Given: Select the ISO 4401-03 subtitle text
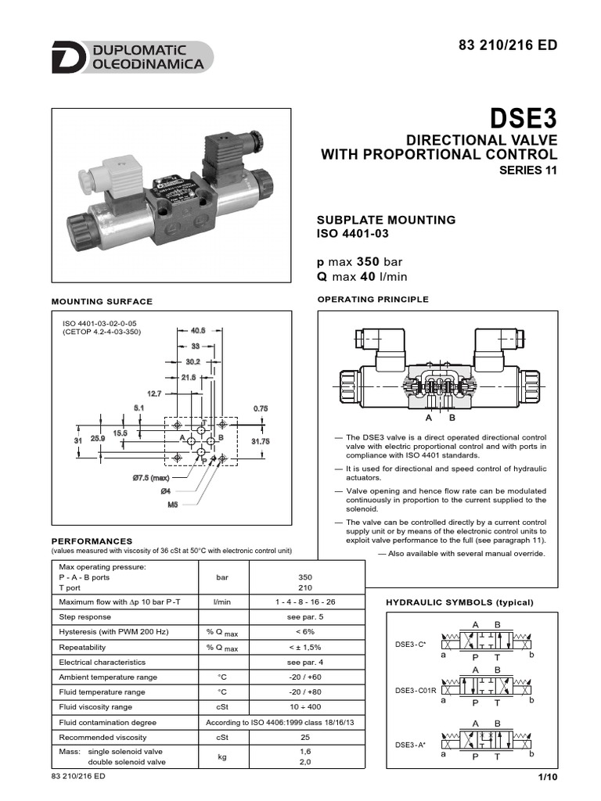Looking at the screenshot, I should click(351, 233).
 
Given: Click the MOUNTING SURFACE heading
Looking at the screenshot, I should click(102, 301).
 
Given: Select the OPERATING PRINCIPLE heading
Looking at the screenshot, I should click(372, 300).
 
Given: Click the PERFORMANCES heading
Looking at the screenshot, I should click(92, 541).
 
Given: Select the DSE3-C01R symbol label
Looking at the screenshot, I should click(416, 690).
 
